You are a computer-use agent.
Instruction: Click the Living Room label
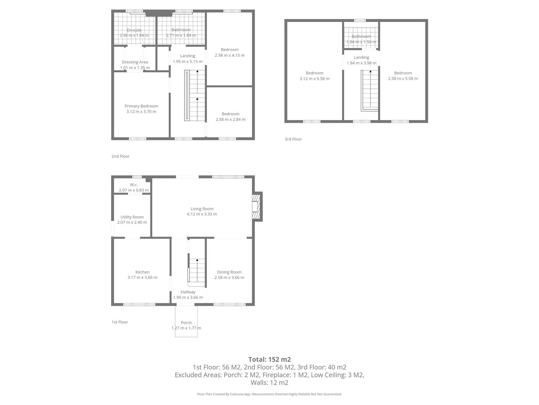202,209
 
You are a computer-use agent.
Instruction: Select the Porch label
186,322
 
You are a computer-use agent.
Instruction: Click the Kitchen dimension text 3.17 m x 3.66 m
142,277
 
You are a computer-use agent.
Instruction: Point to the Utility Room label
132,217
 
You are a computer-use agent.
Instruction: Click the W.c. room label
134,184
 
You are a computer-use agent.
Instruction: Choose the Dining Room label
229,272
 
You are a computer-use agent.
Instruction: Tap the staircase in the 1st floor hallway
197,270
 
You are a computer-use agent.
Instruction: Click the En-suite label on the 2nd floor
134,30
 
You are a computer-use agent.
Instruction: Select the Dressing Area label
135,62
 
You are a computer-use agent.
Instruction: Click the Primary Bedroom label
141,106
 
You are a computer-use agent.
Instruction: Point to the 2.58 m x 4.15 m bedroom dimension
229,55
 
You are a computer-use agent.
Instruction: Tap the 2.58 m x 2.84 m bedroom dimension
230,119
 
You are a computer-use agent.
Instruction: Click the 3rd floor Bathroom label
361,36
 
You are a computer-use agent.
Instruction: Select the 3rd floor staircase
370,90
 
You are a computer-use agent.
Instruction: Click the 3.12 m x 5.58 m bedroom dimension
314,79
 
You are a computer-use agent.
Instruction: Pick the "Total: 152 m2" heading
269,359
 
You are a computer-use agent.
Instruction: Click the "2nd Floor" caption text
120,156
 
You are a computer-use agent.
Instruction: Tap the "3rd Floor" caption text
293,139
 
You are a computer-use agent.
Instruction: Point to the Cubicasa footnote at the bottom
269,394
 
